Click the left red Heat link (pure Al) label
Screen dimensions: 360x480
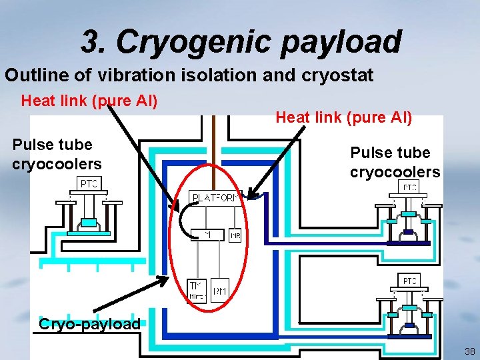point(89,101)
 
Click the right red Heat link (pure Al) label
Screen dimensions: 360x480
point(344,117)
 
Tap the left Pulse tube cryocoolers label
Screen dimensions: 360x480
point(56,154)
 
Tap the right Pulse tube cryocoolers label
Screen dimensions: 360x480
point(395,163)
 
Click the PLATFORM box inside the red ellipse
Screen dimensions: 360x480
point(215,198)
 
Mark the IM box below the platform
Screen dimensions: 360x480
point(207,235)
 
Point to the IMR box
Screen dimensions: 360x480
point(235,235)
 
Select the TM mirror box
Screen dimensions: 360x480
point(197,289)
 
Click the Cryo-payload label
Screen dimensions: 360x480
point(89,325)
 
